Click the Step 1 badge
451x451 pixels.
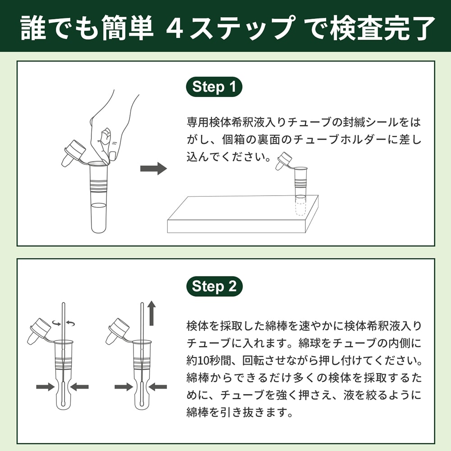coord(214,87)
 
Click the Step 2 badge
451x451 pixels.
coord(214,286)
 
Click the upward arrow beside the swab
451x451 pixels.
coord(152,314)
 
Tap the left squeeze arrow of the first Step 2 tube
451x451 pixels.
coord(45,387)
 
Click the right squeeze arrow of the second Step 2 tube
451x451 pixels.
coord(158,387)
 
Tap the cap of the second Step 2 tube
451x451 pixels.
coord(115,330)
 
